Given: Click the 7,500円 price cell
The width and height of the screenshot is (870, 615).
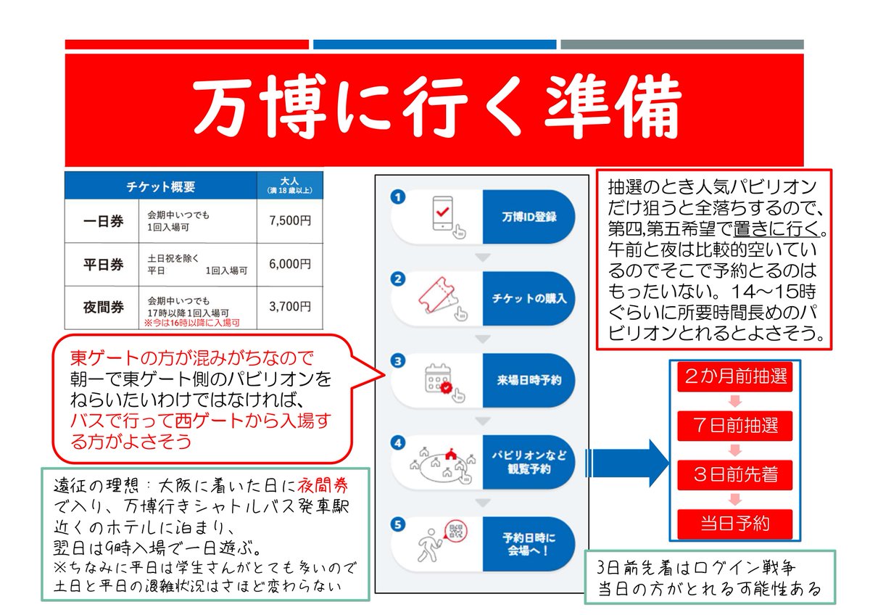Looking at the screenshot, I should point(289,220).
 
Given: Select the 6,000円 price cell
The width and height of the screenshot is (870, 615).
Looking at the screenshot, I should point(289,264).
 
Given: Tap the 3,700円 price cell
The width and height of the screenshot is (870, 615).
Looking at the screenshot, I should point(289,307).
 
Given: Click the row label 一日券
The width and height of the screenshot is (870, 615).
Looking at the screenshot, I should point(101,220).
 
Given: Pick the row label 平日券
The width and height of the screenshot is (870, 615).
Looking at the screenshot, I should point(101,264).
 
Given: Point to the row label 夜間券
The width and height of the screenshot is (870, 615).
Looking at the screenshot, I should point(101,307).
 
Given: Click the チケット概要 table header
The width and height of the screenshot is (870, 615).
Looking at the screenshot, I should point(160,186).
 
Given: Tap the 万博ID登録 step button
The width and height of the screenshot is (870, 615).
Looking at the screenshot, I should point(528,217).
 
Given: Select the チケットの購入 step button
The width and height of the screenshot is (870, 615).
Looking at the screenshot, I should point(528,298).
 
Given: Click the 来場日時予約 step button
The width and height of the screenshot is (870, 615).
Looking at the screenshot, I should point(528,380).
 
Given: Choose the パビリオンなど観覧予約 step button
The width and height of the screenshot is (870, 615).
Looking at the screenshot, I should point(528,462).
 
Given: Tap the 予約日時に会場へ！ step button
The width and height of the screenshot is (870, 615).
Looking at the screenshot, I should point(528,544).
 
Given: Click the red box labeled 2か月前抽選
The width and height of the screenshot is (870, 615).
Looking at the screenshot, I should point(733,377).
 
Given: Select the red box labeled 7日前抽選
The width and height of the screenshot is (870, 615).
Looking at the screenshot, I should point(733,424).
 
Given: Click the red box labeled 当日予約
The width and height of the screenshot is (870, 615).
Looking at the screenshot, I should point(733,522).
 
